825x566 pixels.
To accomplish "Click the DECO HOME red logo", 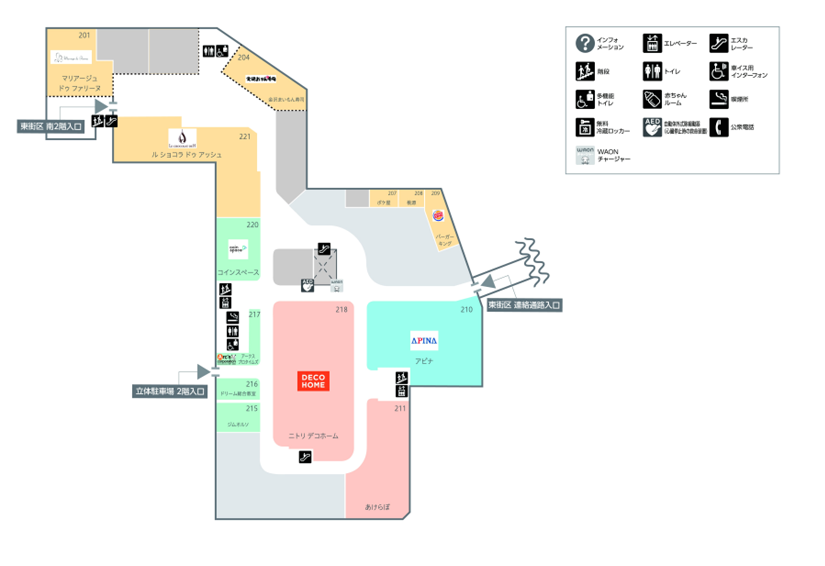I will click(313, 381).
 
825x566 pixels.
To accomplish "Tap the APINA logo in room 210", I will click(424, 340).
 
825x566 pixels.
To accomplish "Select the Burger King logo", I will click(438, 215).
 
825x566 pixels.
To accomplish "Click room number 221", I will click(245, 137).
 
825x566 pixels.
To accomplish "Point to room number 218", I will click(341, 310).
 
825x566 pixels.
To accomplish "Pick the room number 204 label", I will click(243, 57).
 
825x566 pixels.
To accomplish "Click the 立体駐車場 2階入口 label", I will click(170, 391).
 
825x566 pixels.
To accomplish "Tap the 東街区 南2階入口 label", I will click(51, 126).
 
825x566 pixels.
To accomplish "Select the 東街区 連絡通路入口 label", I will click(524, 305).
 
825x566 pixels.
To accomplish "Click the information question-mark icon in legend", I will click(585, 43).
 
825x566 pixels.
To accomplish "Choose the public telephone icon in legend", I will click(719, 127).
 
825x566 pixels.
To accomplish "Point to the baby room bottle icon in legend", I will click(652, 99).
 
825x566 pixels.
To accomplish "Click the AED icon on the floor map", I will click(307, 285).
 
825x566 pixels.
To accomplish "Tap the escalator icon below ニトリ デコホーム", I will click(305, 457).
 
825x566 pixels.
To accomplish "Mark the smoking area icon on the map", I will click(233, 317).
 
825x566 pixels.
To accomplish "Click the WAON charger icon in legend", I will click(585, 155).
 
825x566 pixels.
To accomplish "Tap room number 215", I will click(252, 408).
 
